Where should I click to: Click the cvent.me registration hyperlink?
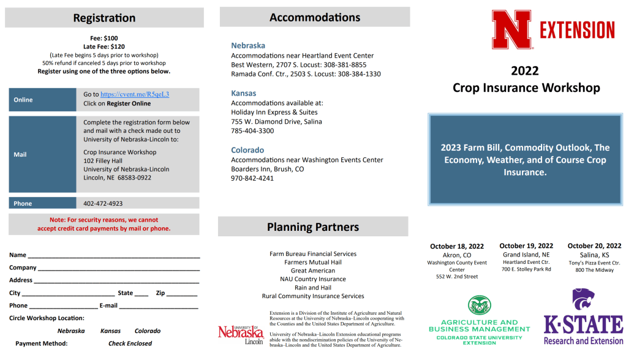point(135,94)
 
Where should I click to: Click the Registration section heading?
point(104,18)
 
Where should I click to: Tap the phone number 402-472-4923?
point(103,203)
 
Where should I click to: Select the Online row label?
point(23,100)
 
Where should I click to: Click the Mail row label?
point(20,155)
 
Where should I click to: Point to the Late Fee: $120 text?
point(104,47)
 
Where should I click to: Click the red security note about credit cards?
point(104,224)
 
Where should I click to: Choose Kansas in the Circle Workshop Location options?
point(110,331)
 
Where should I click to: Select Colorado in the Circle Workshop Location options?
point(147,331)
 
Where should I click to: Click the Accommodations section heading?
point(315,17)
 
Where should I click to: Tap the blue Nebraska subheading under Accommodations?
point(248,45)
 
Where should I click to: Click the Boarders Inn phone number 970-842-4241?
point(252,178)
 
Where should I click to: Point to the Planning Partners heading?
point(313,227)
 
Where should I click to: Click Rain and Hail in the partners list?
point(313,288)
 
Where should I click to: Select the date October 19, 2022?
point(526,246)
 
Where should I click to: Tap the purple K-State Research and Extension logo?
point(583,318)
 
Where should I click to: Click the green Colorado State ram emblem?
point(479,306)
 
